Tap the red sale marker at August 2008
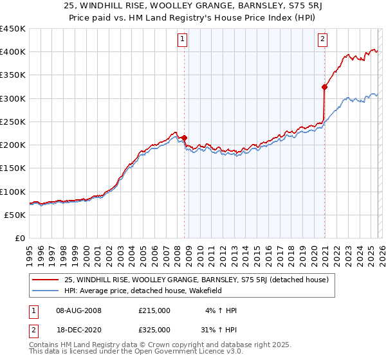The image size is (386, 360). [x=184, y=138]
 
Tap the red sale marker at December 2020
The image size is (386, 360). [x=324, y=86]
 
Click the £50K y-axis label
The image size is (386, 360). [x=15, y=215]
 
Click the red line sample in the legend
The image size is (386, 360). [x=46, y=280]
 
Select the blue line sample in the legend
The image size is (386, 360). [x=46, y=291]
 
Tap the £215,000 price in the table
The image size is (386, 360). [x=154, y=310]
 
